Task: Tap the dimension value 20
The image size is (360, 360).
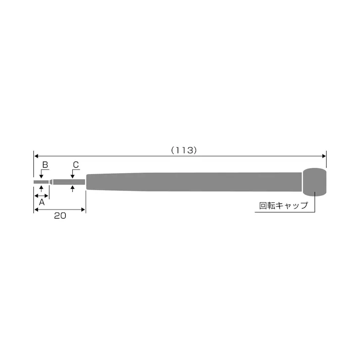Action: click(x=60, y=215)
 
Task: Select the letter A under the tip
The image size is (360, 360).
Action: click(x=41, y=201)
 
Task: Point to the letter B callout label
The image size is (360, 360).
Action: click(x=45, y=165)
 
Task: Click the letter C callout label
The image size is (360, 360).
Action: click(x=76, y=165)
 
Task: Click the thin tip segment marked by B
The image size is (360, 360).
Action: click(x=41, y=182)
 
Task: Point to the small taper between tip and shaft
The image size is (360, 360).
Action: click(x=51, y=182)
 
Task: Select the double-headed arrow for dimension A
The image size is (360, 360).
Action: click(x=41, y=195)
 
